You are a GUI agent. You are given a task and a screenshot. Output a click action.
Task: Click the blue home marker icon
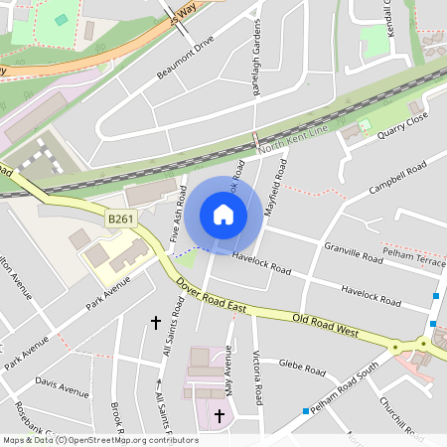[x=223, y=215]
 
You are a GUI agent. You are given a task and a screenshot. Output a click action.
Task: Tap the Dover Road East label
[x=212, y=296]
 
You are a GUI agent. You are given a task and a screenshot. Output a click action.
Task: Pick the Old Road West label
[x=325, y=325]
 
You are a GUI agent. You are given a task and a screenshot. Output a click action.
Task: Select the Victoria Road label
[x=257, y=377]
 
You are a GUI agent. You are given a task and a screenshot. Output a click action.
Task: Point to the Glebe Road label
[x=303, y=368]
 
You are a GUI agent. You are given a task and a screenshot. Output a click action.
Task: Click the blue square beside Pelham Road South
[x=306, y=410]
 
